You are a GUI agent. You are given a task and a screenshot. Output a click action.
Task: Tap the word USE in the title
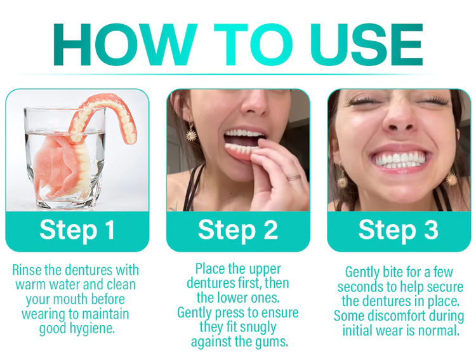366,44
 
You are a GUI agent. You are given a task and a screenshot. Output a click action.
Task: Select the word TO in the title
253,44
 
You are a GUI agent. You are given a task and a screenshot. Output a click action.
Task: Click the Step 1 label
77,230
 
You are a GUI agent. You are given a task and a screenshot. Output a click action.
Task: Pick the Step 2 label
238,230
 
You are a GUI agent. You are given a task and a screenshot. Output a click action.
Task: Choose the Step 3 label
399,230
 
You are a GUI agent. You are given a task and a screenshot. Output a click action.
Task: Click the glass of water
65,158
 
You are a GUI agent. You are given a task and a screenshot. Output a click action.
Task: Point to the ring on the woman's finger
294,177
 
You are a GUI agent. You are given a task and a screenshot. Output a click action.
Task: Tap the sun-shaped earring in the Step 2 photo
191,133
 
